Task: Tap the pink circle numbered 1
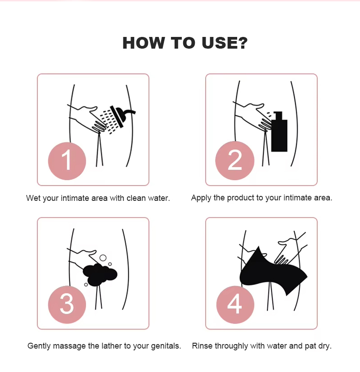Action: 67,161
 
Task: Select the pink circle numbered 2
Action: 234,160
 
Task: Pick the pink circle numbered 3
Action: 67,304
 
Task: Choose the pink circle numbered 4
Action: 235,304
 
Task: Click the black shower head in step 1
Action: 121,116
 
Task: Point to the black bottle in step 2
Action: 279,132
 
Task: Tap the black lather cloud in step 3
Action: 100,274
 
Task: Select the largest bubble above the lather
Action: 103,258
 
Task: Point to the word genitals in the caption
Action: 166,346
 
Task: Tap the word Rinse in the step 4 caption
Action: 202,346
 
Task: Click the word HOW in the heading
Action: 144,43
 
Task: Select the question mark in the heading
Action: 243,43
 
